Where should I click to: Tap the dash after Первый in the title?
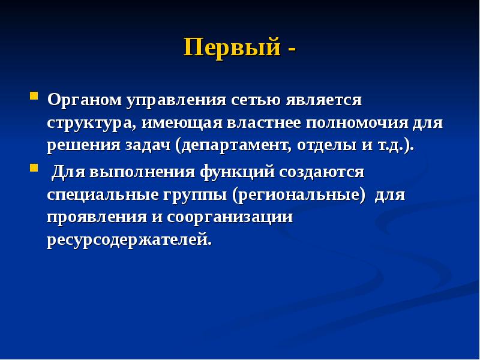[291, 48]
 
